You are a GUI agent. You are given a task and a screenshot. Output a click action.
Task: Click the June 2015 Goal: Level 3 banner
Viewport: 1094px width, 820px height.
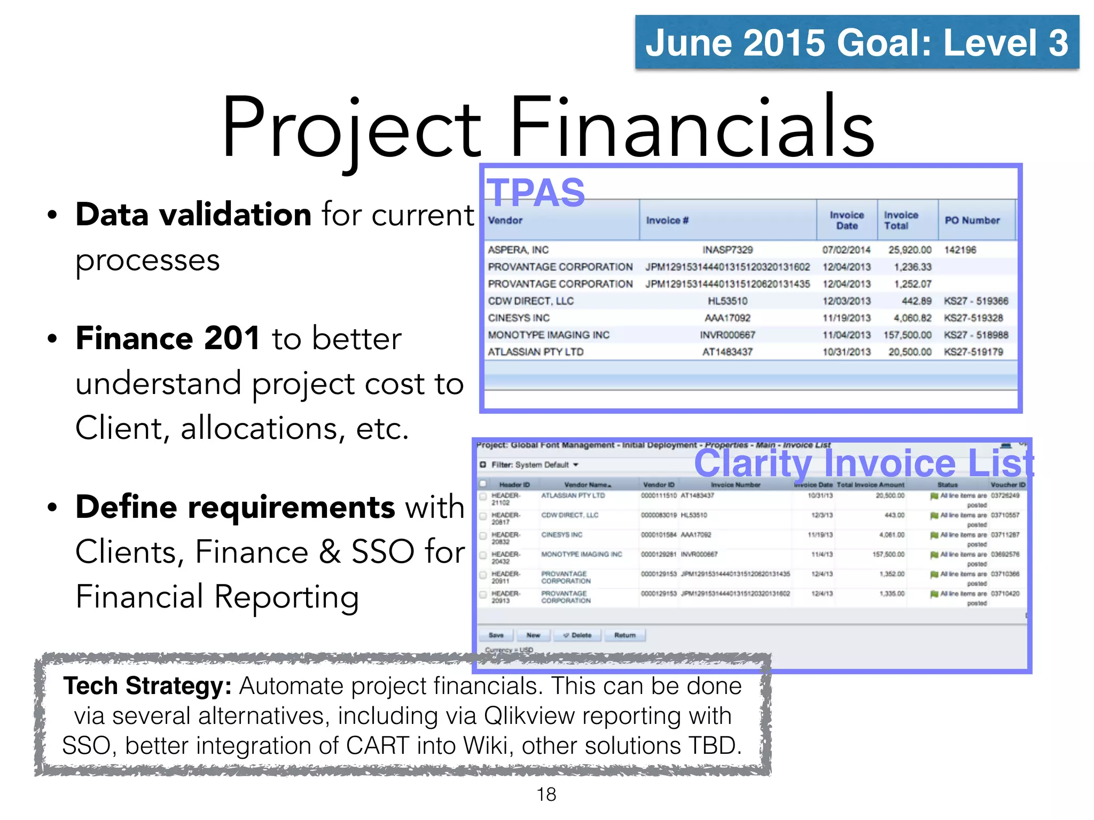[x=856, y=42]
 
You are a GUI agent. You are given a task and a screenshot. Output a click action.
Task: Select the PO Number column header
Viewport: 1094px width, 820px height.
[x=972, y=220]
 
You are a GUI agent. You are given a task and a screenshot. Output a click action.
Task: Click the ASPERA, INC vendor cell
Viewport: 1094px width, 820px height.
[x=518, y=250]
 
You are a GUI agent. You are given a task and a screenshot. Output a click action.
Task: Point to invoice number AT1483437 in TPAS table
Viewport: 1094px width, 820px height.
[x=727, y=352]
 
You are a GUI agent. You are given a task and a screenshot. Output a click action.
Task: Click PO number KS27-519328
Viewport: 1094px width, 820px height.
[x=973, y=318]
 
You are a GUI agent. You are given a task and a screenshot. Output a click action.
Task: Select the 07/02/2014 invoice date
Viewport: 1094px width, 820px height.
[x=846, y=250]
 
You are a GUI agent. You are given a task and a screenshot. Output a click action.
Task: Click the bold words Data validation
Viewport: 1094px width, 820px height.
[x=193, y=215]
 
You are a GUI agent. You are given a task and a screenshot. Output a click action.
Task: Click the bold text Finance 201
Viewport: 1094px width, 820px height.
[x=168, y=338]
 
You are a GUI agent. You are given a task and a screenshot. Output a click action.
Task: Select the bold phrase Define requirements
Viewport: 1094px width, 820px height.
[x=235, y=507]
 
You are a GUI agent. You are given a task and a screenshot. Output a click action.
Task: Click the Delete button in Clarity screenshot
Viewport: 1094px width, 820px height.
[x=578, y=635]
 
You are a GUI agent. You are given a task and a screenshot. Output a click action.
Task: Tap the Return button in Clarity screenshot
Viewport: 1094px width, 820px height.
[x=624, y=635]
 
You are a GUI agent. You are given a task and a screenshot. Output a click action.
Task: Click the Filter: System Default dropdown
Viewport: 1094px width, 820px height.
[x=534, y=465]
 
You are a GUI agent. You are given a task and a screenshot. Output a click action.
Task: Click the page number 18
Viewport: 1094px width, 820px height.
[x=546, y=794]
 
